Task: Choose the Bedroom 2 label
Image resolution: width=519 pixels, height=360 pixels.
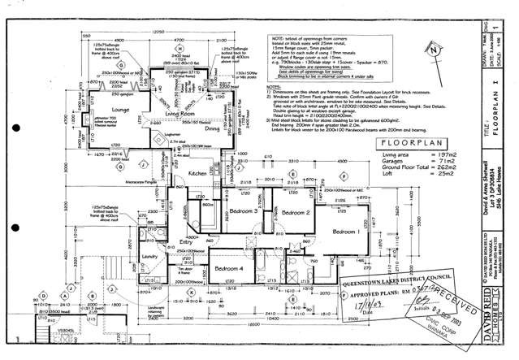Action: point(296,212)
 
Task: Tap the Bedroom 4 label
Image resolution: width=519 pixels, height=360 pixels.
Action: point(229,268)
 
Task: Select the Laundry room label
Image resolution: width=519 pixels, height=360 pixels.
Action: point(148,257)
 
